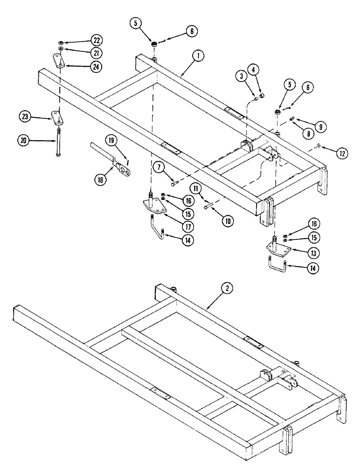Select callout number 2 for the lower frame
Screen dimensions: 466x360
click(227, 288)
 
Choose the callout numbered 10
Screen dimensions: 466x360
click(228, 221)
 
